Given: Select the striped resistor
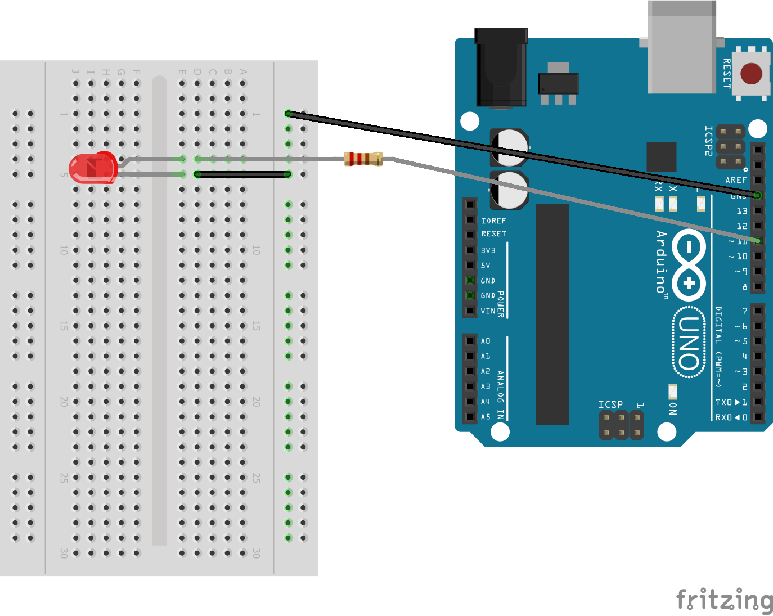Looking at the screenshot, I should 363,159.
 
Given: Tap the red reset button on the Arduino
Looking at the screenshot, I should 751,74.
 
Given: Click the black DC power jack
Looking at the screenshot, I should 501,68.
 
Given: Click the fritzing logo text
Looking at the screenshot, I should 724,600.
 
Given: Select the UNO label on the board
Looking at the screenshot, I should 689,343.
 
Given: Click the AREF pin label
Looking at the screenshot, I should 736,180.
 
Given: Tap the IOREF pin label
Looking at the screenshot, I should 493,221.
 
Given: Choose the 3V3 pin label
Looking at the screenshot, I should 488,250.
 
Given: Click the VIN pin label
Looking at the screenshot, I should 488,311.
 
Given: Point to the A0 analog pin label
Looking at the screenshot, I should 486,341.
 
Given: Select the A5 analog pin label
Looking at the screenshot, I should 486,417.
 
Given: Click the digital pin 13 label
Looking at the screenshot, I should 742,211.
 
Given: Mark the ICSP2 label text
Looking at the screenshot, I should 709,141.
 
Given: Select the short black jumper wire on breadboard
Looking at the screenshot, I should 242,174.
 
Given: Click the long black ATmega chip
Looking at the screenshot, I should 552,314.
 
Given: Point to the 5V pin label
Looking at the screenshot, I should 485,266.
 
